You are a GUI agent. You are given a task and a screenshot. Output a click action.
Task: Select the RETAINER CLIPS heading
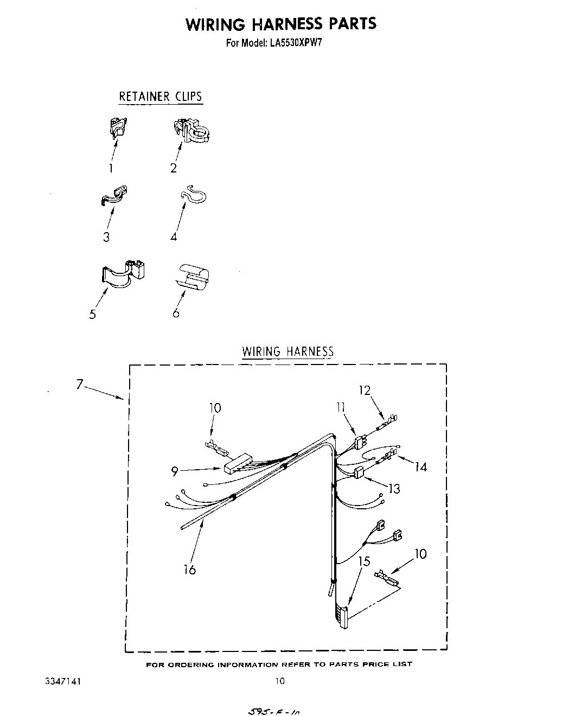[161, 97]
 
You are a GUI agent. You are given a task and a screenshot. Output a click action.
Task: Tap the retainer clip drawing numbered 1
[117, 129]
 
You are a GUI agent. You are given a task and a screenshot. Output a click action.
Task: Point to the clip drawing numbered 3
[114, 196]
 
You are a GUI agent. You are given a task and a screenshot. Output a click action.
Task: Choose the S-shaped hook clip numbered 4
[193, 197]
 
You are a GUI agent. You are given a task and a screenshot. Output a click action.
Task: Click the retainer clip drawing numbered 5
[124, 273]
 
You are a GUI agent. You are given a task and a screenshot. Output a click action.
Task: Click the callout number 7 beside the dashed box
[80, 385]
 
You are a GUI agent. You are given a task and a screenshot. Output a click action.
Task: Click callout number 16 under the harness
[190, 570]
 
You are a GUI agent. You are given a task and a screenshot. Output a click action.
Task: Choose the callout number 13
[394, 489]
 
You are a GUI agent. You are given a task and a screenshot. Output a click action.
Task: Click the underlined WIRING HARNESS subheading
[288, 351]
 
